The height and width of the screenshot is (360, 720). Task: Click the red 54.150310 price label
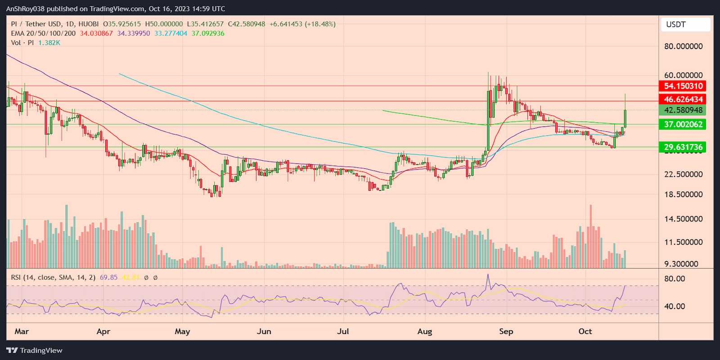tap(683, 86)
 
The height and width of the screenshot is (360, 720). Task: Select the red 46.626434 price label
tap(683, 99)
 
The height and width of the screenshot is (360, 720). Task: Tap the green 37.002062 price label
tap(683, 125)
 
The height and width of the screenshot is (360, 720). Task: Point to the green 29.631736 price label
tap(683, 147)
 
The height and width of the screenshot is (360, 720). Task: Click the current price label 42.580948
tap(683, 110)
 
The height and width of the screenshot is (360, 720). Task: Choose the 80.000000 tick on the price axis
tap(683, 46)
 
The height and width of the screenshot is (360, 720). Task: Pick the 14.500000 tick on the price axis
tap(683, 219)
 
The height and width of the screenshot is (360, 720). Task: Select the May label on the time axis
tap(182, 332)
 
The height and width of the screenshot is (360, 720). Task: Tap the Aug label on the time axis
tap(424, 332)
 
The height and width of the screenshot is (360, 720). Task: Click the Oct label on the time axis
tap(585, 332)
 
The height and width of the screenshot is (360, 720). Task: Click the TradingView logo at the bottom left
tap(35, 351)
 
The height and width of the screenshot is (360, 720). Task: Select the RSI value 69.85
tap(108, 278)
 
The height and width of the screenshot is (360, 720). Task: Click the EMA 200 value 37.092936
tap(208, 33)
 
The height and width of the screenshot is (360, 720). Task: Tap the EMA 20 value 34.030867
tap(96, 33)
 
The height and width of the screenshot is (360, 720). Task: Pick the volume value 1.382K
tap(49, 43)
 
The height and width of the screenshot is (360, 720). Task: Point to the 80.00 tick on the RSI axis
tap(675, 279)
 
